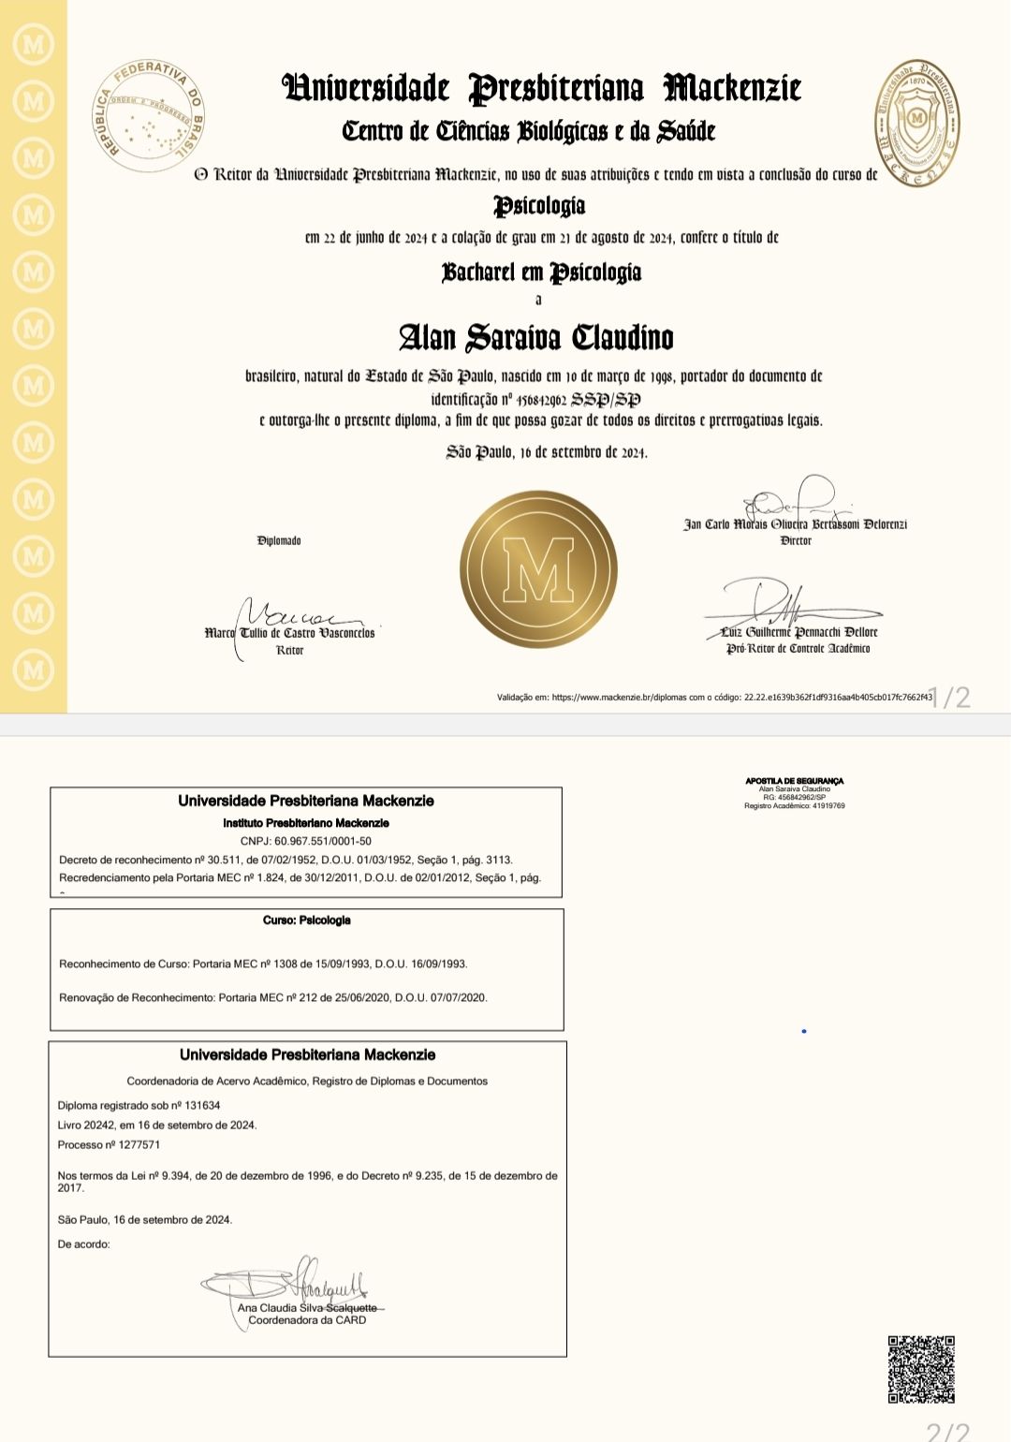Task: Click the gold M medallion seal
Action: point(538,569)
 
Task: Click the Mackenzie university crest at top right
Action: point(916,122)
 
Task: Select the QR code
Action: point(921,1369)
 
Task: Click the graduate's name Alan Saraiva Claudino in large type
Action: point(536,337)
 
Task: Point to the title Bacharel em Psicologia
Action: point(541,272)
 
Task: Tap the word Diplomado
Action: point(279,540)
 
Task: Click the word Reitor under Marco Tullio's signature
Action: point(290,650)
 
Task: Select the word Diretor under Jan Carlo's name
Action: point(796,540)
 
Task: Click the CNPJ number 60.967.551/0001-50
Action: point(306,841)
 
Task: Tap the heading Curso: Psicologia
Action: point(307,920)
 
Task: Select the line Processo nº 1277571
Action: point(109,1144)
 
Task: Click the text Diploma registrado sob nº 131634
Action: point(139,1105)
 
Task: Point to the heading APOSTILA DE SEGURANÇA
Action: point(795,781)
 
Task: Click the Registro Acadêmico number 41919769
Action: point(795,805)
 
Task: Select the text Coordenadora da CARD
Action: point(307,1320)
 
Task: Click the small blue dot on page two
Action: point(804,1031)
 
